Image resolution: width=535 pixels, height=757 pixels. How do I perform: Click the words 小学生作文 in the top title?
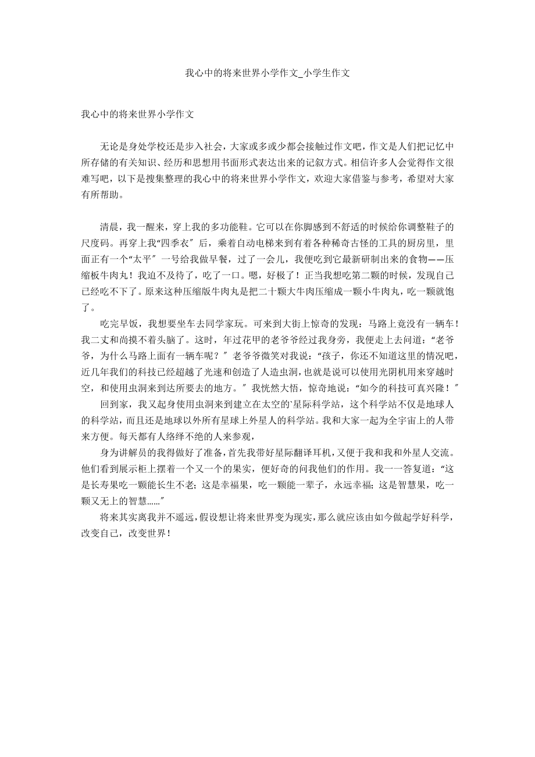pyautogui.click(x=327, y=73)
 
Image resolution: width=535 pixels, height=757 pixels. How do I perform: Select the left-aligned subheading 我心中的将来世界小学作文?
pyautogui.click(x=137, y=115)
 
